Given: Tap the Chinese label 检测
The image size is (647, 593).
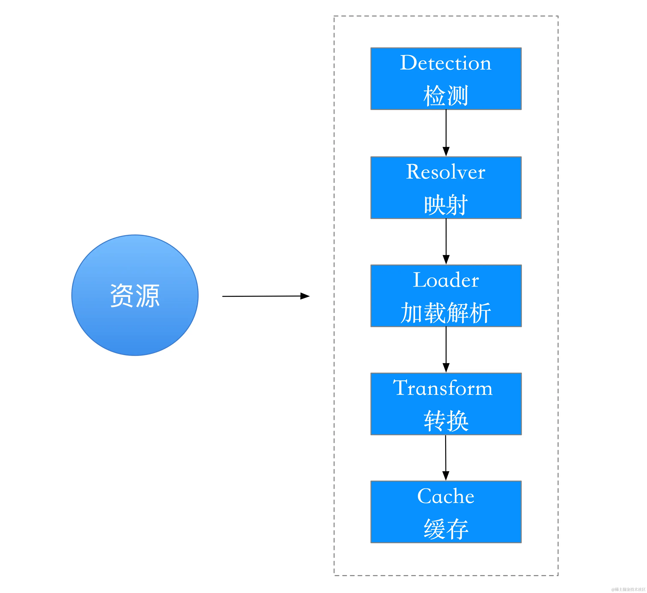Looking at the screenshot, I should pos(446,96).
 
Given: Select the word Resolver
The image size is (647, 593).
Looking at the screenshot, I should pos(446,172).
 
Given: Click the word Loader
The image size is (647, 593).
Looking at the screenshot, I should pos(446,280).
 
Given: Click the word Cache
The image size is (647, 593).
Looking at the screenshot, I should pos(446,496).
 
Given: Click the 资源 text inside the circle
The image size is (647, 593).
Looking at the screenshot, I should pos(135,295).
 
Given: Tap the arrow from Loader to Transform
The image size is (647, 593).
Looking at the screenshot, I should pos(446,350).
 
